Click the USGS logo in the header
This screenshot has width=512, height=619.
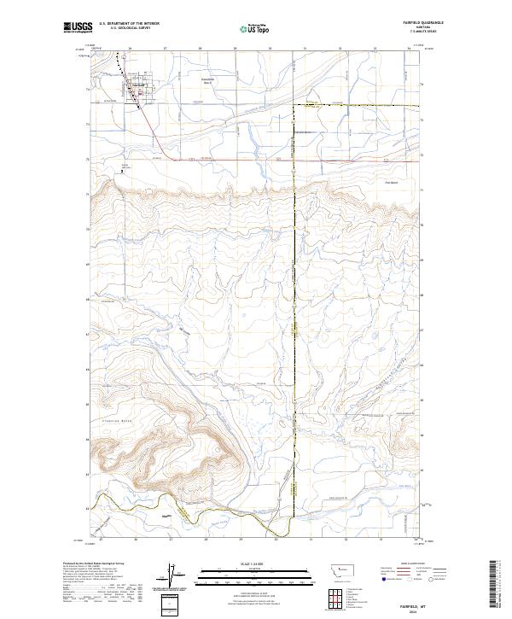coord(76,28)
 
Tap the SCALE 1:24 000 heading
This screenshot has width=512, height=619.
coord(242,564)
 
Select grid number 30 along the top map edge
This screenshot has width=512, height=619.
coord(270,49)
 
